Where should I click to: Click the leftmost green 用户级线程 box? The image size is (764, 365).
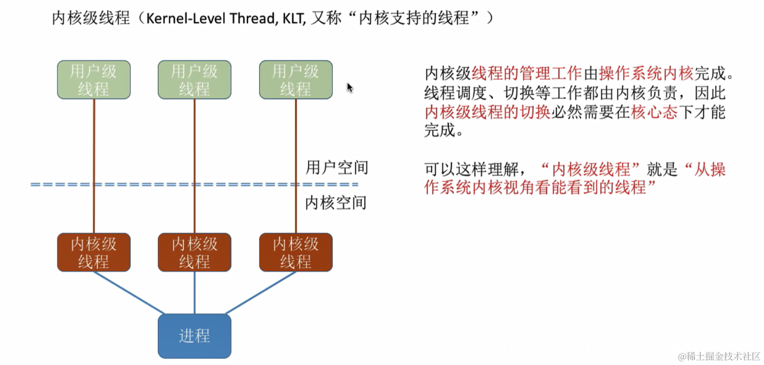[94, 80]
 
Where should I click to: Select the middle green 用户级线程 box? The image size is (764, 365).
[195, 80]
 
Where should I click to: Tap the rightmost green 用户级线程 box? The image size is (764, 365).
[296, 80]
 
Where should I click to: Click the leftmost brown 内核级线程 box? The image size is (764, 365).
[94, 252]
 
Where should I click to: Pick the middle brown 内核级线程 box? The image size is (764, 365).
[195, 252]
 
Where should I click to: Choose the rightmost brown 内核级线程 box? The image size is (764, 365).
[296, 252]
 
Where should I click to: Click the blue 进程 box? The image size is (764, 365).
[195, 336]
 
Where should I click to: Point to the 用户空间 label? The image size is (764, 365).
[336, 168]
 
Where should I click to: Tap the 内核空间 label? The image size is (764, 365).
[336, 203]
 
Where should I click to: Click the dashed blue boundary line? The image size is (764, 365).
[155, 185]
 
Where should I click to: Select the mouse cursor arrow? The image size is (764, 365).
[350, 87]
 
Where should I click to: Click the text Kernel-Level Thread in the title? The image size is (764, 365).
[212, 19]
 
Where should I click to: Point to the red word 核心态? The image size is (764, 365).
[654, 112]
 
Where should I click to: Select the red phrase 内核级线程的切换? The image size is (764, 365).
[487, 112]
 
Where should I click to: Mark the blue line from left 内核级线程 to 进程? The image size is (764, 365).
[129, 293]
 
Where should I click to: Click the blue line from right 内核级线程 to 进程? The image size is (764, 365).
[260, 293]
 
